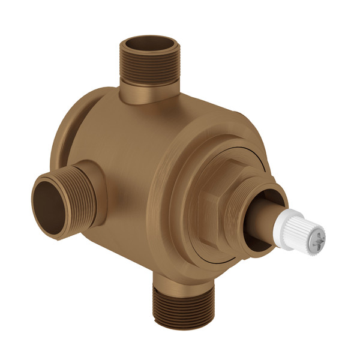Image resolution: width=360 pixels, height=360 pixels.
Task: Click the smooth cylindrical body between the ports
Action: tap(126, 156)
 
